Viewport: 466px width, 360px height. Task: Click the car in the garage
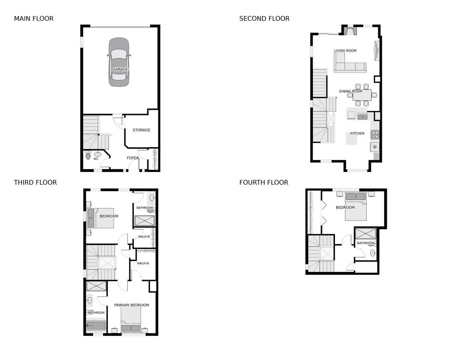coord(119,62)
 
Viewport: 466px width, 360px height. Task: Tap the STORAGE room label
coord(141,130)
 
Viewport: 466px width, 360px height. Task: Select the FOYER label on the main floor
coord(133,158)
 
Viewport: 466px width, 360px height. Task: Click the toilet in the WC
coord(88,155)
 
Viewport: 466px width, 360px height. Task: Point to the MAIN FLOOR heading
coord(34,19)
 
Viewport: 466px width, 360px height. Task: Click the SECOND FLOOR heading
coord(264,19)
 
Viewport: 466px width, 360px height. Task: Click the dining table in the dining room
coord(362,95)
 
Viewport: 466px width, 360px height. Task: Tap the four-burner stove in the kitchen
coord(375,135)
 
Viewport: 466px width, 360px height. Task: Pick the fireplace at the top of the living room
coord(350,31)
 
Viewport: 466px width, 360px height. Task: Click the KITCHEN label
coord(357,133)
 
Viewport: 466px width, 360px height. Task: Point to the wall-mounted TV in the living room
coord(377,51)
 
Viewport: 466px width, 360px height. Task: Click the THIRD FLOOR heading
coord(35,182)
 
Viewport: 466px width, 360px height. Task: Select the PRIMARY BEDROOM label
coord(131,305)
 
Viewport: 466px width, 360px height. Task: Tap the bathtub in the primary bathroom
coord(96,325)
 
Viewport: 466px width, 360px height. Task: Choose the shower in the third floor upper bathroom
coord(144,221)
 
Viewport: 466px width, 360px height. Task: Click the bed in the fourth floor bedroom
coord(356,207)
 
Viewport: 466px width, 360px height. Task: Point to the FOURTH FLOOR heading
coord(264,182)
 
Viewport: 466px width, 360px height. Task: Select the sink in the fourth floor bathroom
coord(373,253)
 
